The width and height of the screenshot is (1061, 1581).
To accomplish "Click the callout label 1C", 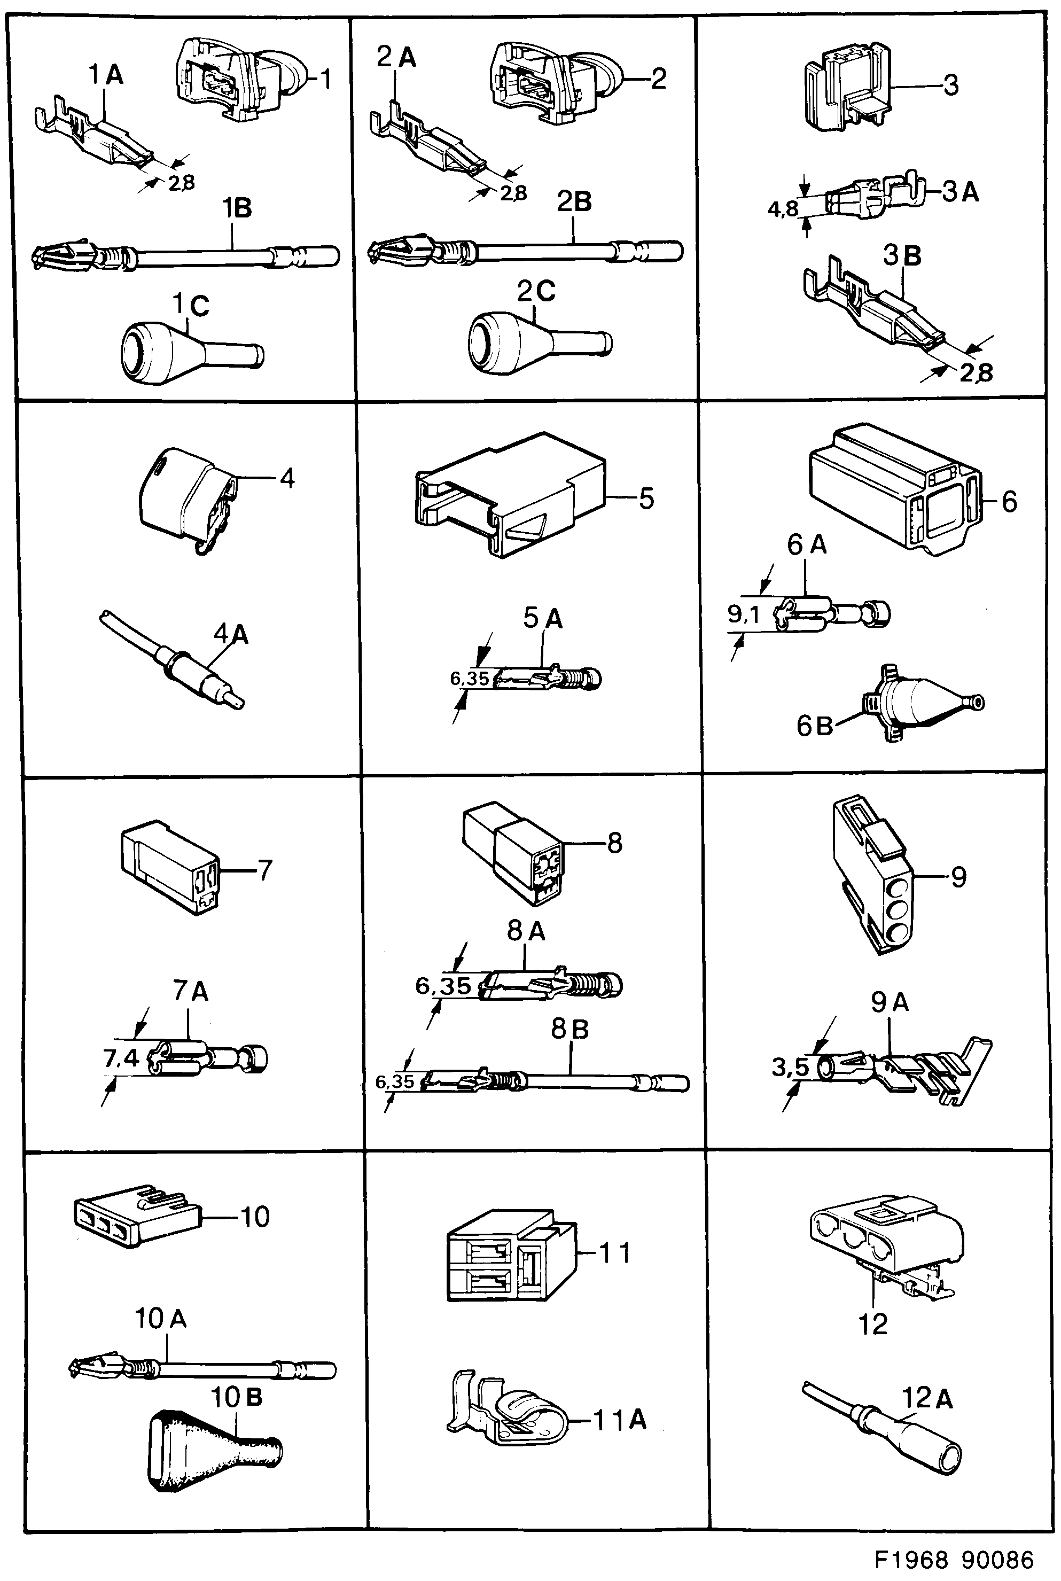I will (191, 306).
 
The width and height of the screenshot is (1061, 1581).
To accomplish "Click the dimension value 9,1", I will (744, 614).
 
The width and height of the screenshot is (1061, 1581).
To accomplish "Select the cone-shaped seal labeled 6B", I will (920, 704).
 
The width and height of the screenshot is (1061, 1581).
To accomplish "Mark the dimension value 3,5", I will (790, 1068).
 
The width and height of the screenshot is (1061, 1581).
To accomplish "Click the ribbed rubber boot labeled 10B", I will (210, 1448).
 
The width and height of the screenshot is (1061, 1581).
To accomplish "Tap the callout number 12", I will (872, 1324).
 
